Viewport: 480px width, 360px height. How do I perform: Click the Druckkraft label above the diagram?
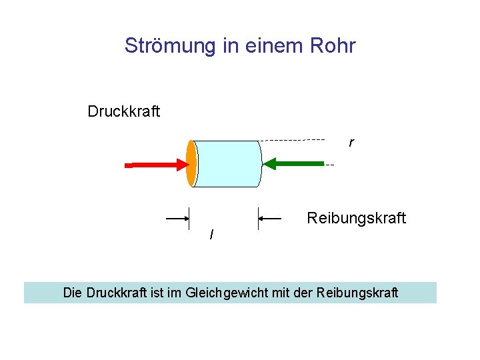click(123, 111)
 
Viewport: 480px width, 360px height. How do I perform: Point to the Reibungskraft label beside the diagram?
click(356, 218)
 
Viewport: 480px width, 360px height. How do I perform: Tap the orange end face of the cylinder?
click(191, 163)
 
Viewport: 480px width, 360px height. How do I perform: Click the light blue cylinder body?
click(227, 163)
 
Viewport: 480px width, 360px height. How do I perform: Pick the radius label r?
click(351, 143)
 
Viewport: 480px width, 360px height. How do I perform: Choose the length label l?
click(211, 235)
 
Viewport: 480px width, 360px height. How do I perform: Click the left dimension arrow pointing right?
click(177, 218)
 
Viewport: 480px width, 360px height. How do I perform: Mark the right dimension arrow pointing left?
click(271, 218)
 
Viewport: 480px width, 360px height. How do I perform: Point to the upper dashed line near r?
click(293, 140)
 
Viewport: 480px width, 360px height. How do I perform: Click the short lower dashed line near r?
click(329, 164)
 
